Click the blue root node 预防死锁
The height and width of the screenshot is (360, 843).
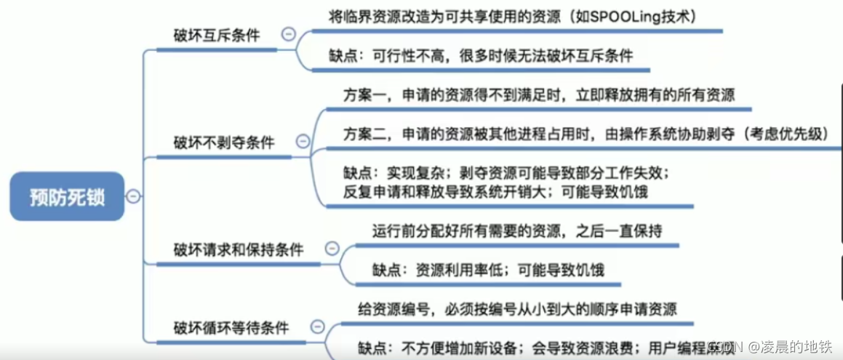(x=67, y=197)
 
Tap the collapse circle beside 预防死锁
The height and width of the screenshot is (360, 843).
(x=133, y=196)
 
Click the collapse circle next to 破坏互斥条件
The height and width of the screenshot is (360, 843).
(x=289, y=34)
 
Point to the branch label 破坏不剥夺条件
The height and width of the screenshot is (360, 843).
(x=223, y=142)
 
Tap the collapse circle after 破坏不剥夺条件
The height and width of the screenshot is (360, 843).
(x=303, y=142)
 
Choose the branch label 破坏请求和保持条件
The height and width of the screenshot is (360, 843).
(x=238, y=249)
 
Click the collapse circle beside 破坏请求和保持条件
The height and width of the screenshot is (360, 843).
(x=332, y=249)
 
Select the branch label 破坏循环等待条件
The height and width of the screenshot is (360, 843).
(x=231, y=328)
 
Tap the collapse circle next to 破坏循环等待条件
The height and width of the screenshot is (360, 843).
(x=317, y=327)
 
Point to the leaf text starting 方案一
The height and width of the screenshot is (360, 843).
(x=539, y=95)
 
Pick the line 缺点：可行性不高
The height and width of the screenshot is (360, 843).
(x=481, y=55)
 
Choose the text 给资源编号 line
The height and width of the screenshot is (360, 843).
(x=517, y=309)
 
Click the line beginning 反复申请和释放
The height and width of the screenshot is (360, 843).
(x=495, y=192)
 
